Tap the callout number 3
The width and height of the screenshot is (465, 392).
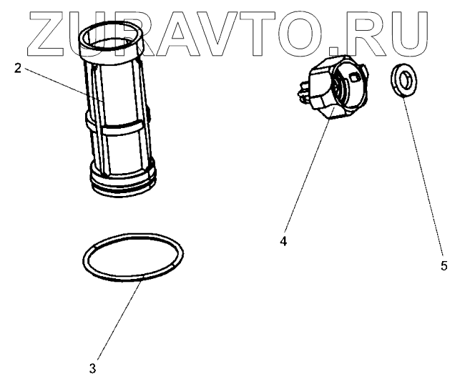(92, 369)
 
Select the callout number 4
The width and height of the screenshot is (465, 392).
(283, 242)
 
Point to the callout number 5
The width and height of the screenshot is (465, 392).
(444, 265)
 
